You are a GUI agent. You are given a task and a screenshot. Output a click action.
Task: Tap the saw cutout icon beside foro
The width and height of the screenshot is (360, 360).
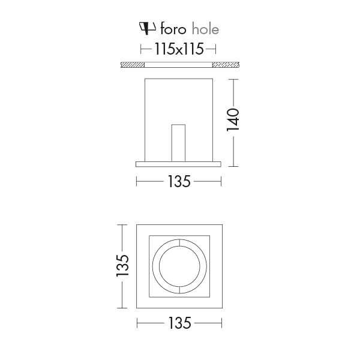point(148,28)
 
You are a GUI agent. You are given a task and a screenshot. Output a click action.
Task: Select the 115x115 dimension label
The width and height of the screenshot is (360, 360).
point(179,49)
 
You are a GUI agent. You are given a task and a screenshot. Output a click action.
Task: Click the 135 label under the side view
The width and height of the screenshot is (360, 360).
point(179,181)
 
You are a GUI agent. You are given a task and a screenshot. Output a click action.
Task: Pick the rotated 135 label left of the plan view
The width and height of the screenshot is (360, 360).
point(122,265)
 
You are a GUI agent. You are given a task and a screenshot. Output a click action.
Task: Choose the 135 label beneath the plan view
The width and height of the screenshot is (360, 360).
point(179,323)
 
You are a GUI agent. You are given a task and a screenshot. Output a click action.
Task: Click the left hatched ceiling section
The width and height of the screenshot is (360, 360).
point(133,65)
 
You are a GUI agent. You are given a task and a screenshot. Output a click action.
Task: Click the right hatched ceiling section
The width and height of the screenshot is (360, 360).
point(226,65)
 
